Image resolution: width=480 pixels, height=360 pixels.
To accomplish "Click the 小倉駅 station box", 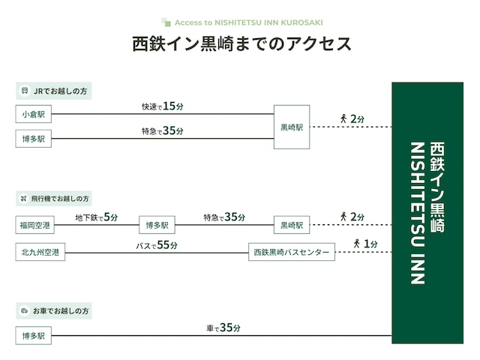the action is click(x=33, y=114).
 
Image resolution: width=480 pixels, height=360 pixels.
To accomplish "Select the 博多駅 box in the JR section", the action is click(x=33, y=138).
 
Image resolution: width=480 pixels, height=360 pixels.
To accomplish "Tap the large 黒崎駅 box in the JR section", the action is click(x=292, y=127).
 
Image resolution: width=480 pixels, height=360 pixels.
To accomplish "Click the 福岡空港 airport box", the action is click(x=35, y=225).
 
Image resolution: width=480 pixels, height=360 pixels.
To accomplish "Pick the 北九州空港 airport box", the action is click(x=40, y=252).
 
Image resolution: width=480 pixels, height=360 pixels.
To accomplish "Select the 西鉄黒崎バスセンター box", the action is click(x=292, y=252).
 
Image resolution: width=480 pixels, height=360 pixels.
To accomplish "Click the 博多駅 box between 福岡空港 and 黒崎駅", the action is click(x=157, y=225).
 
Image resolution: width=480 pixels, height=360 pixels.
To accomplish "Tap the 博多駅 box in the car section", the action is click(x=33, y=335).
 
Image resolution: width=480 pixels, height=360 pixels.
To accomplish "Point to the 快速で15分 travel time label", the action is click(x=163, y=106).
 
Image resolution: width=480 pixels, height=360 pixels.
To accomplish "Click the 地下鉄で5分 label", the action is click(x=97, y=217).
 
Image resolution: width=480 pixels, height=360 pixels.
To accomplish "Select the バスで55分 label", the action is click(x=157, y=245).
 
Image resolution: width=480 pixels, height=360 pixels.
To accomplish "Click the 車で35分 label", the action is click(x=223, y=328).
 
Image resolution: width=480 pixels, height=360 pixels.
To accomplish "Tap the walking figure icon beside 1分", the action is click(x=357, y=244).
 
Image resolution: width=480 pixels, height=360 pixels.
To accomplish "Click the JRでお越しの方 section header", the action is click(x=54, y=91).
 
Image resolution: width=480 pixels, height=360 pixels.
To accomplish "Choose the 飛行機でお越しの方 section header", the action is click(x=54, y=198).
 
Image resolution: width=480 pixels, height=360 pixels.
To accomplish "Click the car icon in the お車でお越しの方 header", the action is click(x=25, y=310).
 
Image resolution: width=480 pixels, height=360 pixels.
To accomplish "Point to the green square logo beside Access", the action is click(x=166, y=22).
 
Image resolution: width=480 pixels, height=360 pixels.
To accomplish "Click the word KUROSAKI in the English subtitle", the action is click(x=301, y=22).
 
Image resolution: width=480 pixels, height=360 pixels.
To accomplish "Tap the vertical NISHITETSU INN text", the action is click(x=418, y=213).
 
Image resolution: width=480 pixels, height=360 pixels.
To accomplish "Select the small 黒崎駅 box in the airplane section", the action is click(x=292, y=225).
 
